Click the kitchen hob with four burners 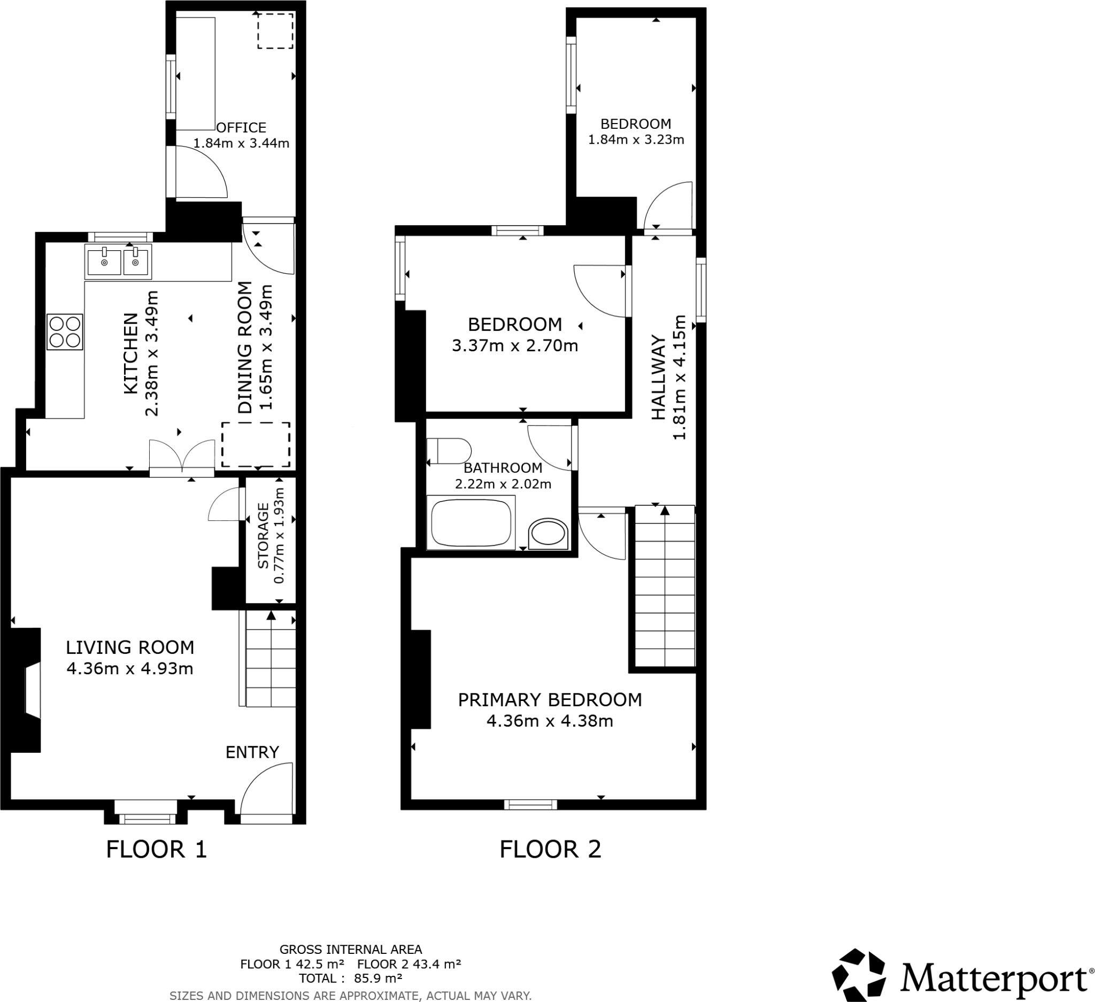pos(65,332)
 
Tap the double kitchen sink pos(118,261)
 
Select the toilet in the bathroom pos(449,451)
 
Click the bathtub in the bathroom pos(471,522)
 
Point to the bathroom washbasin pos(548,534)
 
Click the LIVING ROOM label pos(130,648)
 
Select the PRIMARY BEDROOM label pos(550,699)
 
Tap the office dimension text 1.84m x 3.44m pos(241,143)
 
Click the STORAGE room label pos(264,536)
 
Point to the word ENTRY pos(252,752)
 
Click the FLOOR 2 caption pos(550,850)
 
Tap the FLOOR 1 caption pos(157,850)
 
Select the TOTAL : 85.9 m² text pos(350,978)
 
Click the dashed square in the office pos(275,31)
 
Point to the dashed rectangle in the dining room pos(255,444)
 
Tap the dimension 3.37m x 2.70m pos(515,345)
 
